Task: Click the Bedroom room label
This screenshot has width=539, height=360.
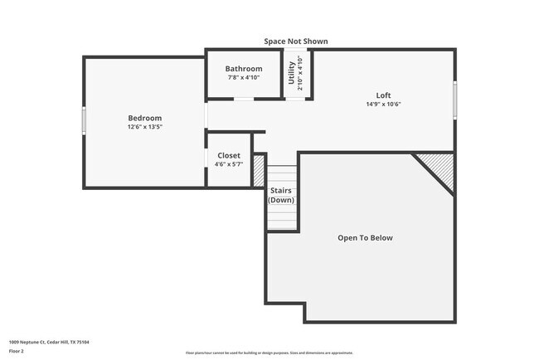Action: pos(144,118)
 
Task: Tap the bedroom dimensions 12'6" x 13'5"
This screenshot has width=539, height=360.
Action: pos(144,128)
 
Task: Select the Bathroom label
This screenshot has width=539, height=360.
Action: pos(245,69)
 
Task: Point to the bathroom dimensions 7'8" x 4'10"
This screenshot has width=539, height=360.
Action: pos(245,77)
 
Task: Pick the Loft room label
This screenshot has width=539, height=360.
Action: pos(382,95)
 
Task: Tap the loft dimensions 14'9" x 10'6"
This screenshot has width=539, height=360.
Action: pos(382,104)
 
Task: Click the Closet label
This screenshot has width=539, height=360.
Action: pos(229,155)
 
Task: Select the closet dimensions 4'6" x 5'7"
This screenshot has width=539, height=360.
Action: pos(229,164)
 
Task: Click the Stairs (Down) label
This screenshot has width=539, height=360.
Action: pos(281,196)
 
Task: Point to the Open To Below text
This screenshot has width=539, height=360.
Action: pos(365,238)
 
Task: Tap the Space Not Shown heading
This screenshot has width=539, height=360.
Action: pos(295,41)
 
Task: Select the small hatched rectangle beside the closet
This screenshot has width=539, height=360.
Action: pos(259,170)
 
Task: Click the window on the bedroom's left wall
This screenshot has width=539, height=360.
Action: pos(83,120)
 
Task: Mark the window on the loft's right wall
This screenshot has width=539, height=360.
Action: pos(454,99)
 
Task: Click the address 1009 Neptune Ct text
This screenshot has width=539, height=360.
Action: pos(49,341)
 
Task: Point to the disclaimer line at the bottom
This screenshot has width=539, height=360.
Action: pos(269,353)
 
